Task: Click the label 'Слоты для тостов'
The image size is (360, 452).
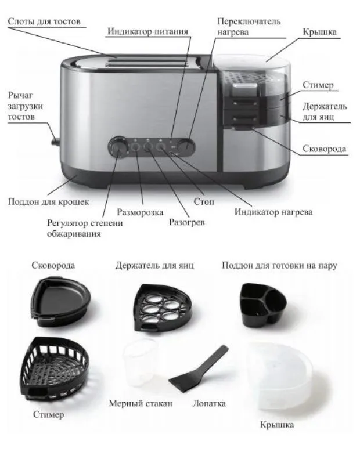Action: pos(44,21)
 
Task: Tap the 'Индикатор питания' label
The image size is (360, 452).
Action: pos(147,31)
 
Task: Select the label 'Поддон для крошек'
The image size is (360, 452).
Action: pos(48,201)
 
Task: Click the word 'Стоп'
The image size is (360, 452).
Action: pos(204,201)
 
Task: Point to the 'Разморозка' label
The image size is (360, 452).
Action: pos(140,212)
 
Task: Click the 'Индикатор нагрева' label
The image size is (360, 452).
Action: pos(273,212)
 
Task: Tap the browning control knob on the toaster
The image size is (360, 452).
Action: pos(117,147)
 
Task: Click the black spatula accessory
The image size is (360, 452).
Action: pos(199,371)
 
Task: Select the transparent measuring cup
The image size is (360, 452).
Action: pos(140,363)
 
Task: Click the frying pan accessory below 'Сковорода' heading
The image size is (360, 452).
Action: pos(60,301)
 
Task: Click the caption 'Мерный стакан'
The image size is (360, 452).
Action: pos(141,403)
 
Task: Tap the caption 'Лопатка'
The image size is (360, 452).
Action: pos(209,403)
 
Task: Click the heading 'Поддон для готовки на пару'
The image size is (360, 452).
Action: pos(279,265)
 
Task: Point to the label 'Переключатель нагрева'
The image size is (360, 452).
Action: pos(249,26)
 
